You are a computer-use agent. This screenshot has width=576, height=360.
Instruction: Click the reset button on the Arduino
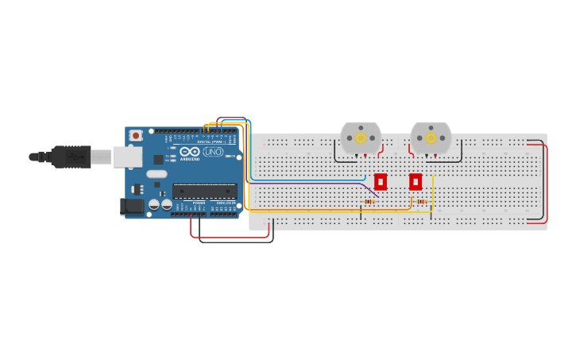coord(136,136)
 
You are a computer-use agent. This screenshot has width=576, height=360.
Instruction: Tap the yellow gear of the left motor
coord(361,137)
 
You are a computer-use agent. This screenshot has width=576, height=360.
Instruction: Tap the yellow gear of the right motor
coord(431,137)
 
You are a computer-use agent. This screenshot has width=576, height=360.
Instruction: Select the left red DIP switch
coord(381,182)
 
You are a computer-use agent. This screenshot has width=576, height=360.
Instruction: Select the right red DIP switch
coord(416,182)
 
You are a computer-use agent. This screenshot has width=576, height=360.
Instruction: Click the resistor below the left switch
coord(369,202)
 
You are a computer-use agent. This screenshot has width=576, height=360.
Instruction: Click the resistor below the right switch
coord(422,202)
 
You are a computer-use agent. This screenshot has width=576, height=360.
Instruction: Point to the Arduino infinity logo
coord(189,151)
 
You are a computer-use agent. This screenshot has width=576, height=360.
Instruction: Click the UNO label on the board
coord(213,151)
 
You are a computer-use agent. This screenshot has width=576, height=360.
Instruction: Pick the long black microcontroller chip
coord(205,191)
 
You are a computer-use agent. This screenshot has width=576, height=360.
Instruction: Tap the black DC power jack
coord(132,207)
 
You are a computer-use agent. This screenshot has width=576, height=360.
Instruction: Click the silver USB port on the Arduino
coord(126,157)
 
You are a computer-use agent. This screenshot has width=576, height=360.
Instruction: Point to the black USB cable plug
coord(72,157)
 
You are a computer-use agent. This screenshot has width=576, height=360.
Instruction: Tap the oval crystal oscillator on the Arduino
coord(157,174)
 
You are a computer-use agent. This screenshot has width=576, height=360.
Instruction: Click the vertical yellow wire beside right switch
coord(432,195)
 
